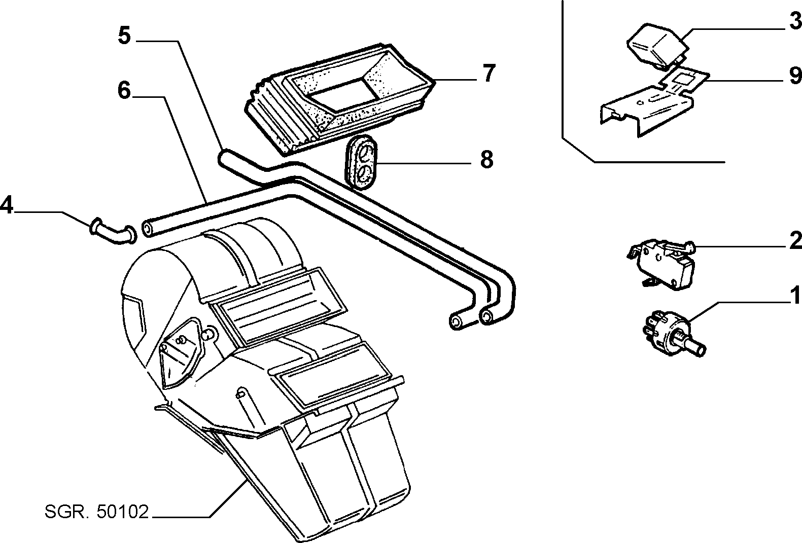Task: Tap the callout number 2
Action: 794,241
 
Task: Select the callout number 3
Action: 794,22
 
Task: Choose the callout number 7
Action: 487,74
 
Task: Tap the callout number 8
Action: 486,161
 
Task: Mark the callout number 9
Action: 794,76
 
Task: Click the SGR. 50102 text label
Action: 96,512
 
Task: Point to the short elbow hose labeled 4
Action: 113,233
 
